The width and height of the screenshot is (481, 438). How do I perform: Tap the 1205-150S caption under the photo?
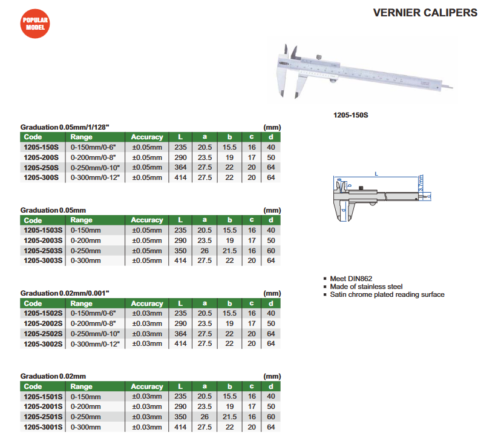pyautogui.click(x=352, y=113)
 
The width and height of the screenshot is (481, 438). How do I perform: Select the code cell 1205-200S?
pyautogui.click(x=41, y=157)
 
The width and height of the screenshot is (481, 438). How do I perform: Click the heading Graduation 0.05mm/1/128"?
pyautogui.click(x=65, y=127)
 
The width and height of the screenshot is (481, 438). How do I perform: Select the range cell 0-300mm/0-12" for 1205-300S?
pyautogui.click(x=95, y=178)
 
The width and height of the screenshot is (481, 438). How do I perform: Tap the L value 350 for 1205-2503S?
pyautogui.click(x=180, y=250)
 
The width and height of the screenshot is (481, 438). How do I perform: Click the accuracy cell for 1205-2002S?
pyautogui.click(x=147, y=324)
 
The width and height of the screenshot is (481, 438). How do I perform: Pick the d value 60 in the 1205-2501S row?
pyautogui.click(x=270, y=417)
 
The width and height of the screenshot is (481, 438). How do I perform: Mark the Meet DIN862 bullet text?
pyautogui.click(x=351, y=279)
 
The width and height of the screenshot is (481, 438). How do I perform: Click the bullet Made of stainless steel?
pyautogui.click(x=366, y=287)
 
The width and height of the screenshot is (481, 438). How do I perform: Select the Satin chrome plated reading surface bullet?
pyautogui.click(x=387, y=294)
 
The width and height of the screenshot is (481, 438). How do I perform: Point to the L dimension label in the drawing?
pyautogui.click(x=376, y=174)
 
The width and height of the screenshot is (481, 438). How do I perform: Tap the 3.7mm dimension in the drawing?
pyautogui.click(x=420, y=182)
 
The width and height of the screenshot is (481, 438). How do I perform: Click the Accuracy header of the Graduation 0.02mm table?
pyautogui.click(x=147, y=387)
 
